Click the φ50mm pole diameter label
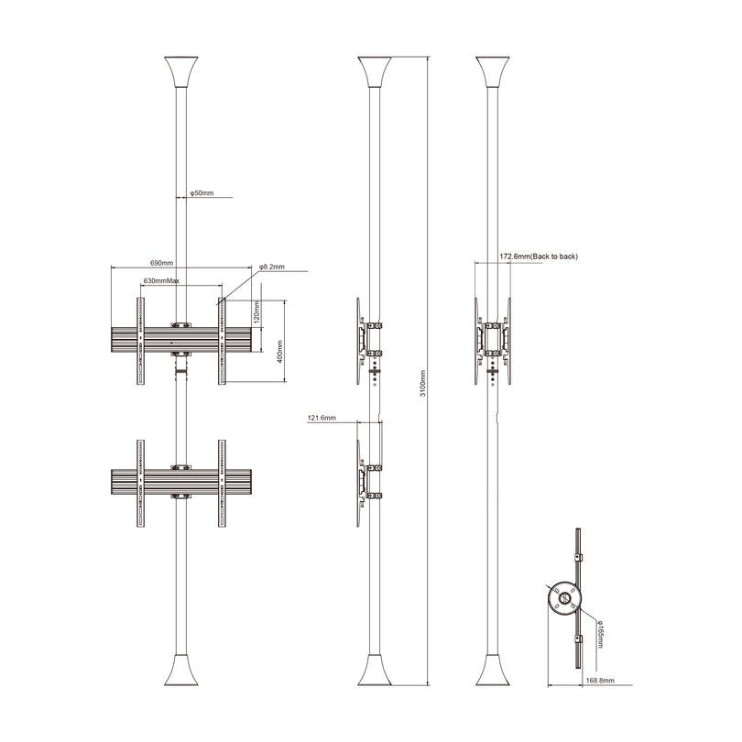pyautogui.click(x=202, y=194)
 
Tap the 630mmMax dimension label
pyautogui.click(x=160, y=280)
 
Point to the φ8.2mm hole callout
pyautogui.click(x=271, y=267)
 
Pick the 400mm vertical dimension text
pyautogui.click(x=278, y=350)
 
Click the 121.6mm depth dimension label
pyautogui.click(x=322, y=418)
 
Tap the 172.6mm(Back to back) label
pyautogui.click(x=539, y=257)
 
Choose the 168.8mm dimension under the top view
pyautogui.click(x=599, y=682)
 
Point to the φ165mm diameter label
pyautogui.click(x=599, y=632)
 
